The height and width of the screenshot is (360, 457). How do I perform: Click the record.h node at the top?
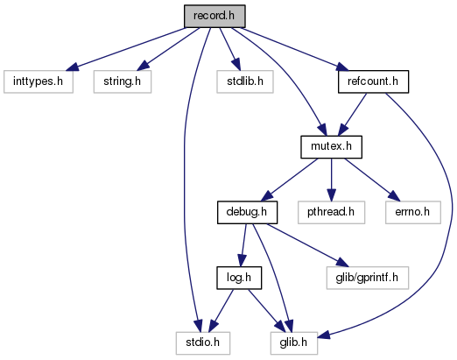click(214, 16)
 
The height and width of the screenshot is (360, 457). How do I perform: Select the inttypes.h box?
click(39, 81)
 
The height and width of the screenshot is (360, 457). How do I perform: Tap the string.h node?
click(123, 81)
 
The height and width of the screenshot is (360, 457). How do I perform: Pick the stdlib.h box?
click(245, 81)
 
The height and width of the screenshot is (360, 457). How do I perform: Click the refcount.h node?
click(373, 81)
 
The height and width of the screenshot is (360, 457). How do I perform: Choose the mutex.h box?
click(331, 147)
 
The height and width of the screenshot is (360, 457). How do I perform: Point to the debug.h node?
click(247, 212)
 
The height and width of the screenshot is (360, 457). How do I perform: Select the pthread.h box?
click(331, 212)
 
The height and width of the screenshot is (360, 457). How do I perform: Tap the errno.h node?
click(413, 212)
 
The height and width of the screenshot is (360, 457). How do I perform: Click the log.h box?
click(239, 278)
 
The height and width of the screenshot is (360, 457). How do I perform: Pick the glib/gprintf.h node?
click(368, 278)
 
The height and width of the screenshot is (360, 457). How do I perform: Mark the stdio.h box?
click(203, 343)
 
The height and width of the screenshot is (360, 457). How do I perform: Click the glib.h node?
click(294, 343)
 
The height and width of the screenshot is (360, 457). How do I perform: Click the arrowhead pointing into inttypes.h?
click(72, 67)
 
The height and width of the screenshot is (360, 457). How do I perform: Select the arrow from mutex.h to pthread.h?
click(331, 180)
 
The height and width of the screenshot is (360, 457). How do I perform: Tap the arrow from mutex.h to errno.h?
click(370, 180)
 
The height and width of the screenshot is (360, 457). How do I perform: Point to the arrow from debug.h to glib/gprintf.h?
click(308, 245)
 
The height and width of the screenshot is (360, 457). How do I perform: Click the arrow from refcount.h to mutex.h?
click(352, 115)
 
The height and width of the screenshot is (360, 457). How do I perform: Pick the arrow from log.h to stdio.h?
click(221, 311)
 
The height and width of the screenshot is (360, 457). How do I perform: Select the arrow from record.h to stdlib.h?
click(230, 49)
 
